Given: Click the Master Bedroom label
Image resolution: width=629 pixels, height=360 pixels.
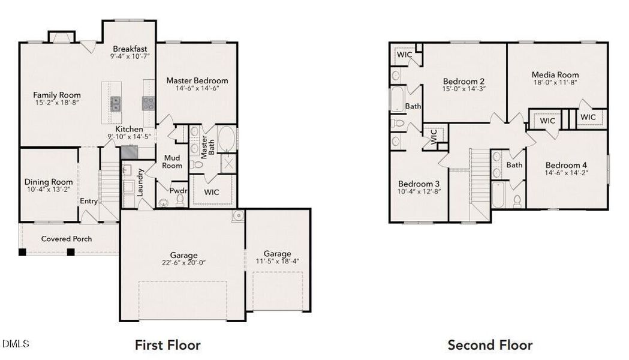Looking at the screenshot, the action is coord(197,80).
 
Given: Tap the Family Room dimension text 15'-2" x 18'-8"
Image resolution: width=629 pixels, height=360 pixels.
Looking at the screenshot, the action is coord(57,103).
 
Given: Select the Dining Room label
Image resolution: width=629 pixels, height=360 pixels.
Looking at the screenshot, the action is coord(49,182).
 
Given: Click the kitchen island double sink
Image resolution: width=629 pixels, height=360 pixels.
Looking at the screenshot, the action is coord(116,103).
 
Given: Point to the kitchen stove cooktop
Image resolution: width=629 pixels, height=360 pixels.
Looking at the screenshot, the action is coord(149,103).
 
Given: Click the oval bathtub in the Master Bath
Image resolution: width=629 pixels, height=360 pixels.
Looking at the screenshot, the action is coord(227,137).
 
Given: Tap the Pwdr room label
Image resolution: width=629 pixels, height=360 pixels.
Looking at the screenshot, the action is coord(179,191).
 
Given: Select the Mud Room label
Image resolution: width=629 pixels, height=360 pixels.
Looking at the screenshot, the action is coord(172,162).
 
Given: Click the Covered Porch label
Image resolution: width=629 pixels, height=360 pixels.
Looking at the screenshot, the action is coord(67,239).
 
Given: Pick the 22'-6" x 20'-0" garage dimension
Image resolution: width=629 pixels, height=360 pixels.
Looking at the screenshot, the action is coord(183,263).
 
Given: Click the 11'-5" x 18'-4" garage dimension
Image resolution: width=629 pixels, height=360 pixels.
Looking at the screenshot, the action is coord(278,261).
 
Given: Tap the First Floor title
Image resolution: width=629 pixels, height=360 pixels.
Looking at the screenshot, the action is coord(168,345).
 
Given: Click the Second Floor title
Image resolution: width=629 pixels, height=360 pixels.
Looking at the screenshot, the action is coord(490,345).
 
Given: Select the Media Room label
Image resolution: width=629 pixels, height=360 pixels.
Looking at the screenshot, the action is coord(555,74).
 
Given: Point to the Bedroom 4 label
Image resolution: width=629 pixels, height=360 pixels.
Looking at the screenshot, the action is coord(566,166).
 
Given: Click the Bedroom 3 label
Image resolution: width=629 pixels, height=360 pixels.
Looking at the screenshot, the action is coord(419,184).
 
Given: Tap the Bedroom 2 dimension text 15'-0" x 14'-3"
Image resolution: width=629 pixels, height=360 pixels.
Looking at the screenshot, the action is coord(464,89).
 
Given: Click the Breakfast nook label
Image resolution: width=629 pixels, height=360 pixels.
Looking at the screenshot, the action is coord(130,49).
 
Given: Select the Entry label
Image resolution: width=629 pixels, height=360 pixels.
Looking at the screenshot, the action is coord(89,201).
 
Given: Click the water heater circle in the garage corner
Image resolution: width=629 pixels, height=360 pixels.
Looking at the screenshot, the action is coord(238,215).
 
